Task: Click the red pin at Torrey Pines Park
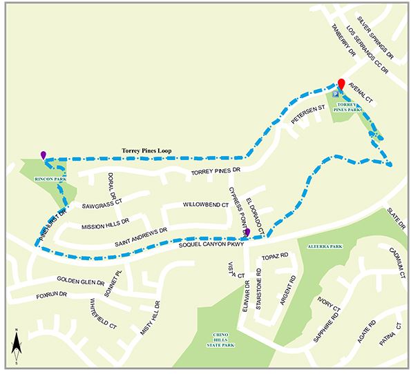tap(341, 85)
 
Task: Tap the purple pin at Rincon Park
tap(44, 155)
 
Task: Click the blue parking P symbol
tap(336, 93)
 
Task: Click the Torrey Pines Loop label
tap(146, 150)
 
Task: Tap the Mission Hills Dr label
tap(106, 225)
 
